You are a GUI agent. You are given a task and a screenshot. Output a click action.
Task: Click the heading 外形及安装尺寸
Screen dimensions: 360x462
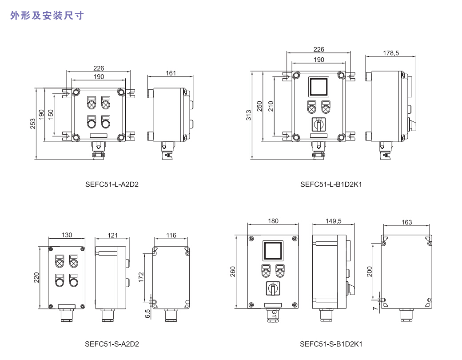(47, 16)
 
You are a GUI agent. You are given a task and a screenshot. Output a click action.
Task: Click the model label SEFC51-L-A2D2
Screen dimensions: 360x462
(112, 184)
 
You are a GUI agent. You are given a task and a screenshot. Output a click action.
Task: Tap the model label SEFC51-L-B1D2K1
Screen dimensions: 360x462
(331, 184)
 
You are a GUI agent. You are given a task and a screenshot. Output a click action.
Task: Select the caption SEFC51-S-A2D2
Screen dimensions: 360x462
(112, 344)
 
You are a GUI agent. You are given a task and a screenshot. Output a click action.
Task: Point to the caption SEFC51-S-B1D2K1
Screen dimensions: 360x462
(331, 344)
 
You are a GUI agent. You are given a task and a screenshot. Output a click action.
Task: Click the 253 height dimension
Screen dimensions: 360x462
(33, 123)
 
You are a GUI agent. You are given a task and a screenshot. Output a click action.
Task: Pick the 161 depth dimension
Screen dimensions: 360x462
(171, 73)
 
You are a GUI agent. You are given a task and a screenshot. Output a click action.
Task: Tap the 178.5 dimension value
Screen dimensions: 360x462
(391, 53)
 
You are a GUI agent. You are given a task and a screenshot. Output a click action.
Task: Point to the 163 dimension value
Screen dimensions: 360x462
(406, 222)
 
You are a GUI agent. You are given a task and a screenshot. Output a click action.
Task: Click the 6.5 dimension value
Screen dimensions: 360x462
(147, 314)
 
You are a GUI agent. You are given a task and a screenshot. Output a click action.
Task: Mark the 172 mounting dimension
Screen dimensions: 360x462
(142, 278)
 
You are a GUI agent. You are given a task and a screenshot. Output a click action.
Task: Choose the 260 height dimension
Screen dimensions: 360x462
(233, 272)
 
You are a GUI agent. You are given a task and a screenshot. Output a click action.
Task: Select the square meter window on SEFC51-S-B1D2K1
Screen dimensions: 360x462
(272, 251)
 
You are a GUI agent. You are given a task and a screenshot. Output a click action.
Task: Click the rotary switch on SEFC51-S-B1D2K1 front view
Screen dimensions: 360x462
(272, 288)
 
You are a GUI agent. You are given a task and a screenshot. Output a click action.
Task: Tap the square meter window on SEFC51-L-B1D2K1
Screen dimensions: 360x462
(318, 87)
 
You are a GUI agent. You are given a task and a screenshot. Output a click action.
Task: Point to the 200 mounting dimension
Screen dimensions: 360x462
(370, 272)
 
